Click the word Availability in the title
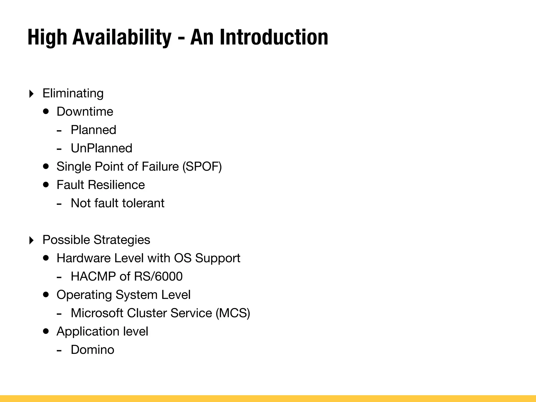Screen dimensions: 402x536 point(122,37)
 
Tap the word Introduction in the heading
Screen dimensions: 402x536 point(274,37)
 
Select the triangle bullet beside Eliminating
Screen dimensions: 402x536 point(31,94)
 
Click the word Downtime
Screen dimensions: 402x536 point(85,112)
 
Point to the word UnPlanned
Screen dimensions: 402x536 point(102,148)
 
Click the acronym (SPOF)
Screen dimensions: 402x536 point(202,167)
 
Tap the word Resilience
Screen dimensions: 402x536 point(116,185)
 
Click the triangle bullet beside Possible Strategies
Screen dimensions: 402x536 point(31,240)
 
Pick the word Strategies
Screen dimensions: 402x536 point(122,240)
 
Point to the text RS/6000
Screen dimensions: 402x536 point(158,277)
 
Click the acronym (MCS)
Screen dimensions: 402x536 point(233,313)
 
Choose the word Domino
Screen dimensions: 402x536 point(92,350)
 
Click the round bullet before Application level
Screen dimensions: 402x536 point(46,331)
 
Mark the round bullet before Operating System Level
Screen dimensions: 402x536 point(46,295)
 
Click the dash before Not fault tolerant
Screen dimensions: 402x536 point(59,204)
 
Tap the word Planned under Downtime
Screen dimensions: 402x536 point(93,130)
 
